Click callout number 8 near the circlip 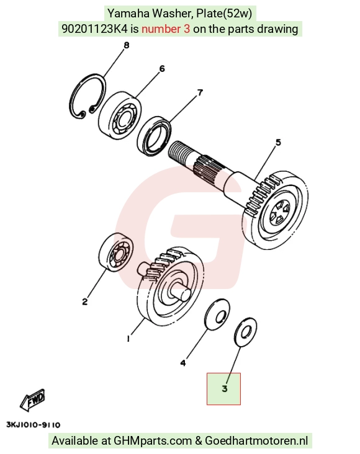127,45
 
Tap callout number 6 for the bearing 162,69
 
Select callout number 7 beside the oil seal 200,92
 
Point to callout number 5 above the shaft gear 278,142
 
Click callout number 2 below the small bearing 84,301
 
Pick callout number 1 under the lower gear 128,338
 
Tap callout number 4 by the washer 183,363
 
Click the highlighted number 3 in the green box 225,388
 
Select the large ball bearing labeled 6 120,113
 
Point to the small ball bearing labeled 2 117,252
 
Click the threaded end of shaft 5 180,152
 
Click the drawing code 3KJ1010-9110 34,425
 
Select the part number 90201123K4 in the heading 95,29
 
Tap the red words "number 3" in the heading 166,29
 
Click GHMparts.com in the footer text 153,441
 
